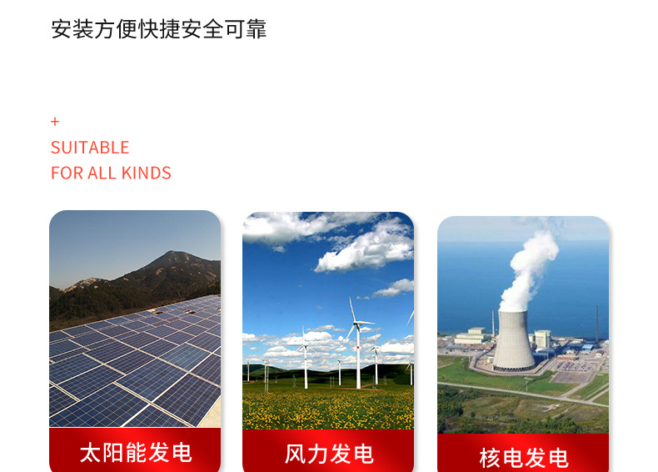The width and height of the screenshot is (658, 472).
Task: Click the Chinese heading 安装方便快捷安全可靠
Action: pyautogui.click(x=158, y=29)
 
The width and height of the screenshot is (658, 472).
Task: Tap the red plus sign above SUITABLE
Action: pyautogui.click(x=55, y=122)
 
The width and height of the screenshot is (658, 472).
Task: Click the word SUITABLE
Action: pyautogui.click(x=90, y=148)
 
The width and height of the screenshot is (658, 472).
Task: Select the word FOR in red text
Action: pyautogui.click(x=67, y=173)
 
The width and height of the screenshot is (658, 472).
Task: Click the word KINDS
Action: pyautogui.click(x=147, y=173)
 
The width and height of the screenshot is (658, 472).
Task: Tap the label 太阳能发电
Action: pyautogui.click(x=135, y=453)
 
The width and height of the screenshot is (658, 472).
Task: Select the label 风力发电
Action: pyautogui.click(x=328, y=454)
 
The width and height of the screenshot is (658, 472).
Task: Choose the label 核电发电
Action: pyautogui.click(x=523, y=458)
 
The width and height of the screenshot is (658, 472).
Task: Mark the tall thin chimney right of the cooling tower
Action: pyautogui.click(x=596, y=325)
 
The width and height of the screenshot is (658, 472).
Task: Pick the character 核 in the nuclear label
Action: pyautogui.click(x=490, y=458)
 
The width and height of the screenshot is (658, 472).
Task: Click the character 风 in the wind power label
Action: pyautogui.click(x=295, y=454)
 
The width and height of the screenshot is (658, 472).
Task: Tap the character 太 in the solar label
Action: pyautogui.click(x=89, y=453)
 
